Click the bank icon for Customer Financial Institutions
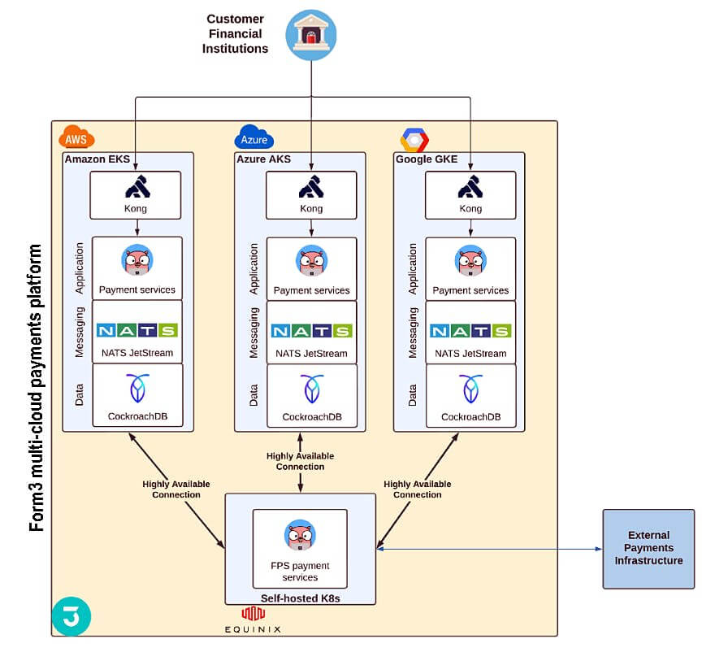[311, 35]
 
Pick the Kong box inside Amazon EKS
[136, 195]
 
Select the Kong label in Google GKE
[470, 209]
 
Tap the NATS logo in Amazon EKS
[136, 331]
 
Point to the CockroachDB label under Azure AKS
[311, 417]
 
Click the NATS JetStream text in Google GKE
[470, 354]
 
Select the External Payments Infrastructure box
[648, 548]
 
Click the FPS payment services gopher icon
[300, 536]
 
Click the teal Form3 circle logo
[71, 615]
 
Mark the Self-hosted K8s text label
[300, 598]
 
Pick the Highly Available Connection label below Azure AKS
[300, 461]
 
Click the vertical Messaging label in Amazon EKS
[80, 332]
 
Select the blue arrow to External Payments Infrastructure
[487, 549]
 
